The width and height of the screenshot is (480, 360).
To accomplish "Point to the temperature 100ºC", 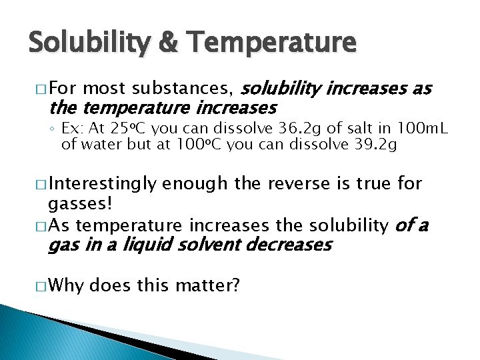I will [x=198, y=145].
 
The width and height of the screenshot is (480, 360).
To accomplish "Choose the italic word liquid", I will [x=148, y=244].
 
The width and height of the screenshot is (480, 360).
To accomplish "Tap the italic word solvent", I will [x=209, y=244].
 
